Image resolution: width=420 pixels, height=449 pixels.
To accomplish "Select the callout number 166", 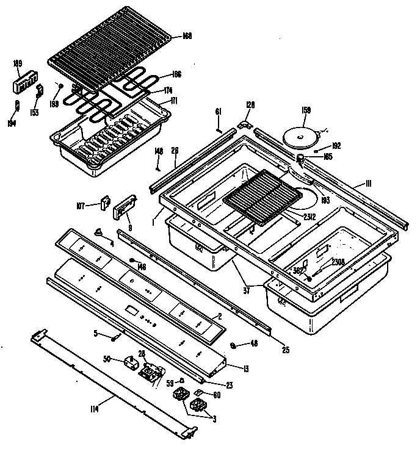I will [x=176, y=74].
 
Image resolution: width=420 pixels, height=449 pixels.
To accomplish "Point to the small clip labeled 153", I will [x=40, y=91].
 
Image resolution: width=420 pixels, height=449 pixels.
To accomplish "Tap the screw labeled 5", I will [x=114, y=334].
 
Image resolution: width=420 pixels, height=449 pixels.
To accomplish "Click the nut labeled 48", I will [x=233, y=346].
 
